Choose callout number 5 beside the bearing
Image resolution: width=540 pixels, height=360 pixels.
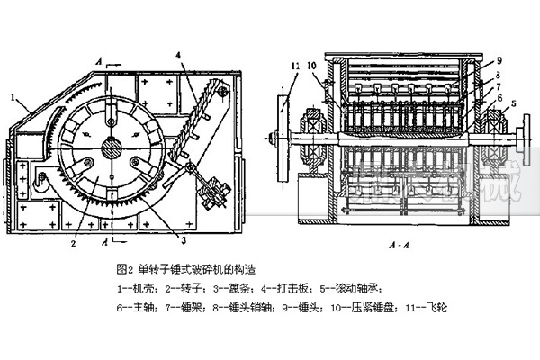pos(514,103)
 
